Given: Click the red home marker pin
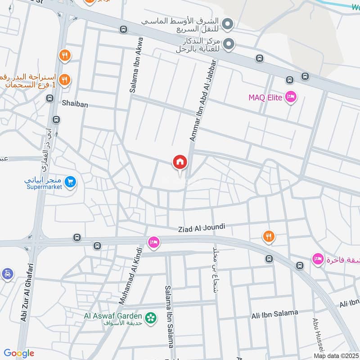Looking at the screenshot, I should coord(180,162).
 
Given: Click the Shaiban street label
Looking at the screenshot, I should coord(75,104).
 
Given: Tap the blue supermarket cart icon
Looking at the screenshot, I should coord(70,182).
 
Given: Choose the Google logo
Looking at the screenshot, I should coord(19,353).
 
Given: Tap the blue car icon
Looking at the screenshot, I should coord(7,274).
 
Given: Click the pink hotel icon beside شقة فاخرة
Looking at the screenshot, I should coord(318,260).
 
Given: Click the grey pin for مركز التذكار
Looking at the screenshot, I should coord(229,44).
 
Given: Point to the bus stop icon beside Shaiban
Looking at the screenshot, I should coord(56,120).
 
